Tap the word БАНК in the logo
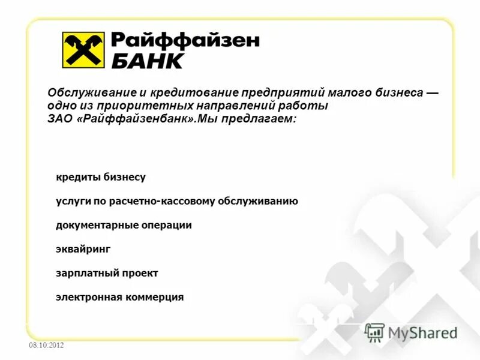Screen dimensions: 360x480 click(146, 60)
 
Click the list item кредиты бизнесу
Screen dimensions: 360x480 click(101, 178)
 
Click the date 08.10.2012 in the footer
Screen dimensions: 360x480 click(46, 346)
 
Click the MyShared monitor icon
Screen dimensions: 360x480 click(374, 332)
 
